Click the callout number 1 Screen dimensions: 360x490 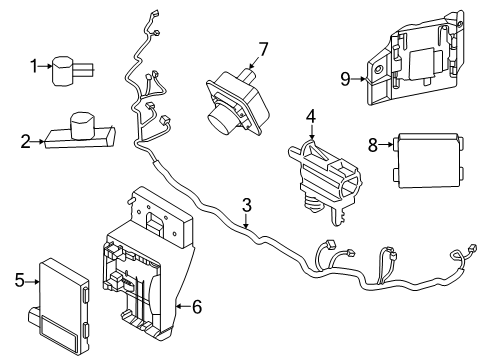click(x=34, y=67)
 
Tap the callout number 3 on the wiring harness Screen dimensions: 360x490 click(x=247, y=206)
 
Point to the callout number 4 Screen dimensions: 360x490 click(x=311, y=118)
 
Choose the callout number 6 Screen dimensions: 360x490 click(x=195, y=307)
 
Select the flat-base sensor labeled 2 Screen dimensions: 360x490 click(x=78, y=131)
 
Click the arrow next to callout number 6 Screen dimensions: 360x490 click(x=178, y=307)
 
